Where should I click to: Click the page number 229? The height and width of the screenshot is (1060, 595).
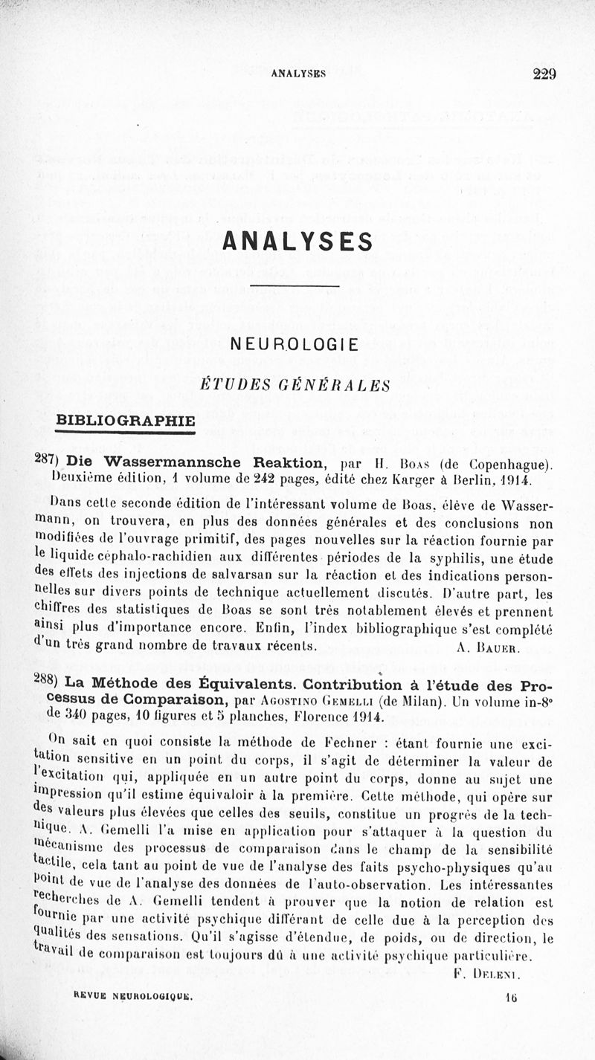(544, 74)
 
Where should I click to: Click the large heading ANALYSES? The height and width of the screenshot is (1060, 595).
(297, 242)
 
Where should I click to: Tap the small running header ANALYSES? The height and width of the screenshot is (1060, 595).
(298, 74)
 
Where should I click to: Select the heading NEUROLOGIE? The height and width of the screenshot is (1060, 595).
(295, 344)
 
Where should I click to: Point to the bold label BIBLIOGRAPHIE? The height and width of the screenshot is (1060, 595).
(126, 421)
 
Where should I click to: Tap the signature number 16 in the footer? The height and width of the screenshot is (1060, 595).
(510, 1001)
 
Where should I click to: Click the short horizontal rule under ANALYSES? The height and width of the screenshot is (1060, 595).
(295, 286)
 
